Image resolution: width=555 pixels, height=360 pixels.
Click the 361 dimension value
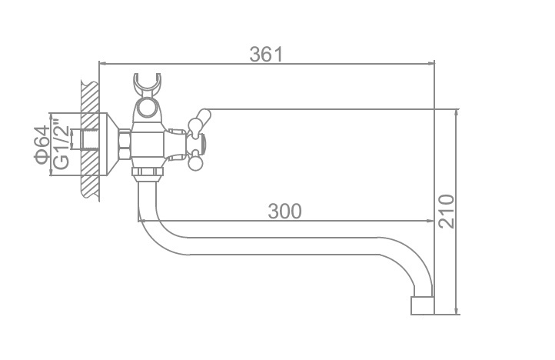tap(266, 54)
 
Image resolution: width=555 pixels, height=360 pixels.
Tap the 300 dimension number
tap(285, 212)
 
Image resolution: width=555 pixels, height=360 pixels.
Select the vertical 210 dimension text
tap(446, 212)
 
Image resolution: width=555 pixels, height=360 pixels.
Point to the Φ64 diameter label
tap(42, 145)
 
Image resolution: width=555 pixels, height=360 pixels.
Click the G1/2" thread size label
tap(61, 146)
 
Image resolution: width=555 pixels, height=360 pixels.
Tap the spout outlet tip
tap(422, 306)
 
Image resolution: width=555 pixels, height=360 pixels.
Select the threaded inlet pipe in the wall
tap(85, 139)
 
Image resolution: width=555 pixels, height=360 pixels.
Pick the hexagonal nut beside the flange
tap(125, 145)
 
